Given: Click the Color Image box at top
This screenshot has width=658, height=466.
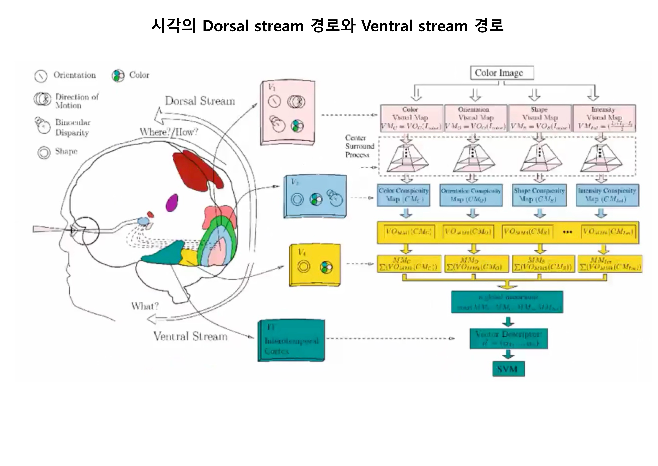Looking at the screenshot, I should [x=502, y=73].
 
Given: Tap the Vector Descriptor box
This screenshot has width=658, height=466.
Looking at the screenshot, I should [x=508, y=339].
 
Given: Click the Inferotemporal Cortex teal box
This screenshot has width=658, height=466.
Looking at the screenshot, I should [x=291, y=341].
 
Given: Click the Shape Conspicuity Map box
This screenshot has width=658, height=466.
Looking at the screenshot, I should [x=539, y=195].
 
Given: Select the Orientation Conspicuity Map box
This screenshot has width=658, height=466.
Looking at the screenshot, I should [x=471, y=195].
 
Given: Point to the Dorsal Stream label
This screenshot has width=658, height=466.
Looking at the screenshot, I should [x=200, y=101].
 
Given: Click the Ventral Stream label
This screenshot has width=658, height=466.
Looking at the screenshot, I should [x=190, y=336].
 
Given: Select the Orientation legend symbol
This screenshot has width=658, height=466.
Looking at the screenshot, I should [x=41, y=76].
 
